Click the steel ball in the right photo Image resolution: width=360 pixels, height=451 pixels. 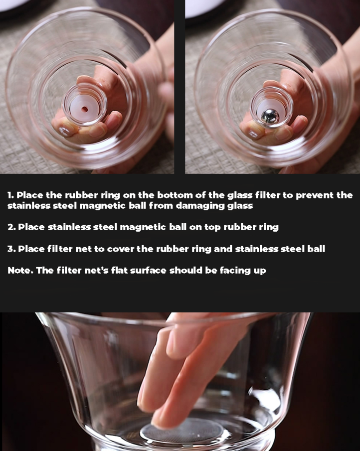tap(270, 117)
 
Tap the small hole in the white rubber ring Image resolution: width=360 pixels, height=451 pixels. tap(84, 109)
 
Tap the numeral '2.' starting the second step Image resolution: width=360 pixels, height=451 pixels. tap(11, 227)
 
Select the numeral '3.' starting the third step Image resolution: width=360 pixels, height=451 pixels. tap(11, 249)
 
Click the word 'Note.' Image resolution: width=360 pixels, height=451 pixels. tap(20, 271)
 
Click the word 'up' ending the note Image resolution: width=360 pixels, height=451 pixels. tap(260, 272)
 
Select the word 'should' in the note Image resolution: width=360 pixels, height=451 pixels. tap(186, 271)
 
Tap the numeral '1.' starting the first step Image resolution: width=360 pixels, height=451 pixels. tap(10, 195)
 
